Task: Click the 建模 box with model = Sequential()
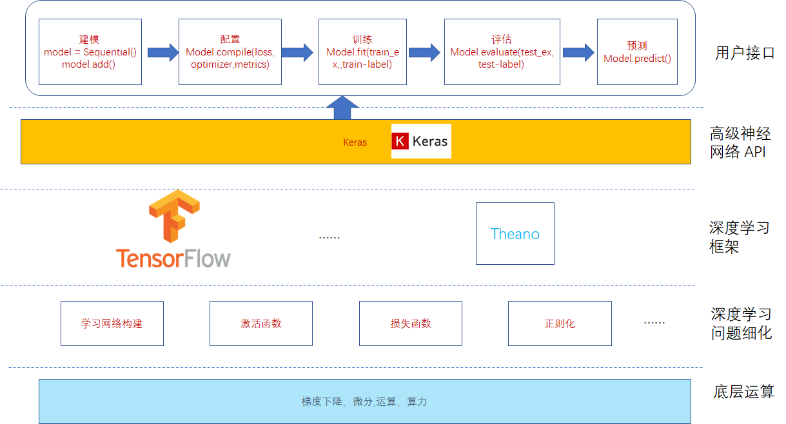tap(90, 52)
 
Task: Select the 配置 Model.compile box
tap(230, 52)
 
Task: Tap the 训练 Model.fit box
tap(362, 52)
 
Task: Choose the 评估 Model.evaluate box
tap(501, 52)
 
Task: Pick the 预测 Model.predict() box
tap(637, 52)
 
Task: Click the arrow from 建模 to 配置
tap(162, 52)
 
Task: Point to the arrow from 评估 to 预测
tap(578, 52)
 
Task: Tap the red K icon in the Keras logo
tap(400, 141)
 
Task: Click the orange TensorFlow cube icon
tap(173, 217)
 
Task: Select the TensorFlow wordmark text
tap(173, 258)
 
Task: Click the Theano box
tap(515, 233)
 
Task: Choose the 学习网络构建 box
tap(112, 323)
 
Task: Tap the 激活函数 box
tap(260, 323)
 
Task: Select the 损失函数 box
tap(410, 323)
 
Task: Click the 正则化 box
tap(559, 323)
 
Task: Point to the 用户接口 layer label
tap(745, 53)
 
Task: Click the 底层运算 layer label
tap(743, 392)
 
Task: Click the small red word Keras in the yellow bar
tap(355, 142)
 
